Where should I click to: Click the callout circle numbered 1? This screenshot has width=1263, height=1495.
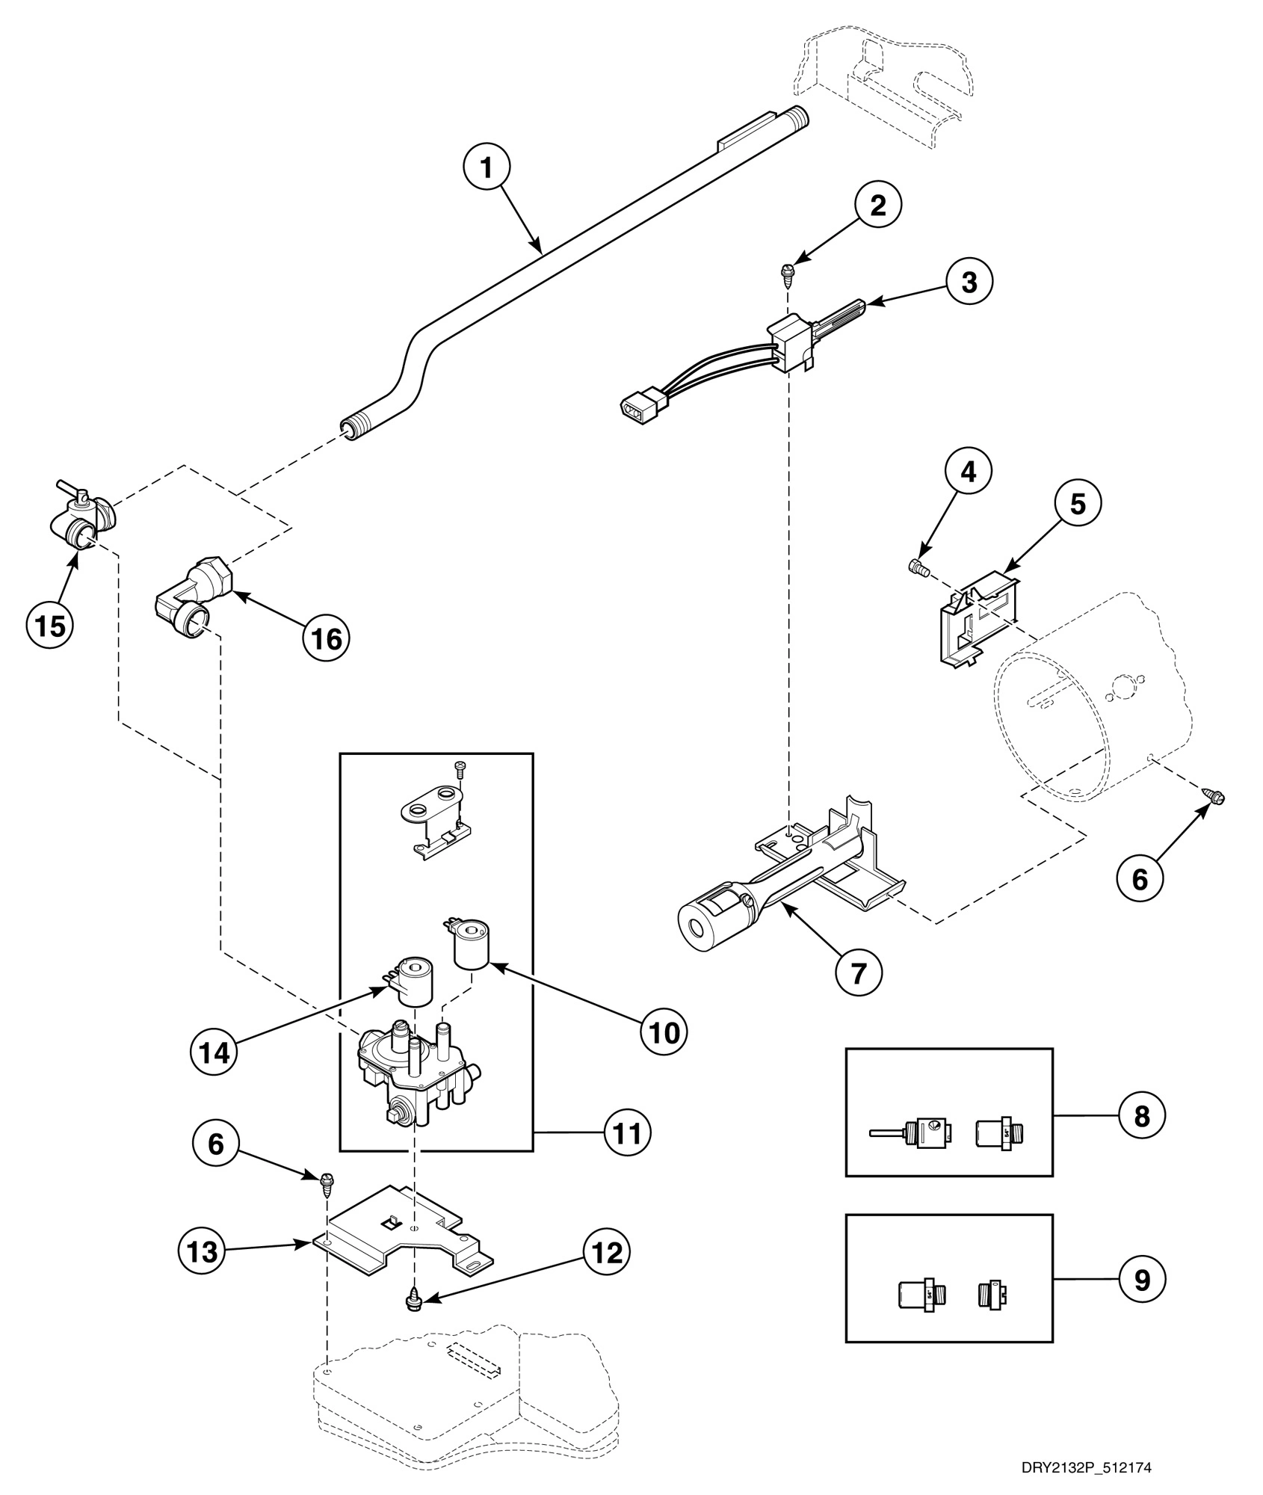486,168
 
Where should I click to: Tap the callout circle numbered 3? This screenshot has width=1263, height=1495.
969,283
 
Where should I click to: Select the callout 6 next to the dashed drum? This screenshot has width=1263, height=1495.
1139,879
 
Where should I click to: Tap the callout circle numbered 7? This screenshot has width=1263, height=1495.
857,972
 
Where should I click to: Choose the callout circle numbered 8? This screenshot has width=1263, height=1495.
1141,1138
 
